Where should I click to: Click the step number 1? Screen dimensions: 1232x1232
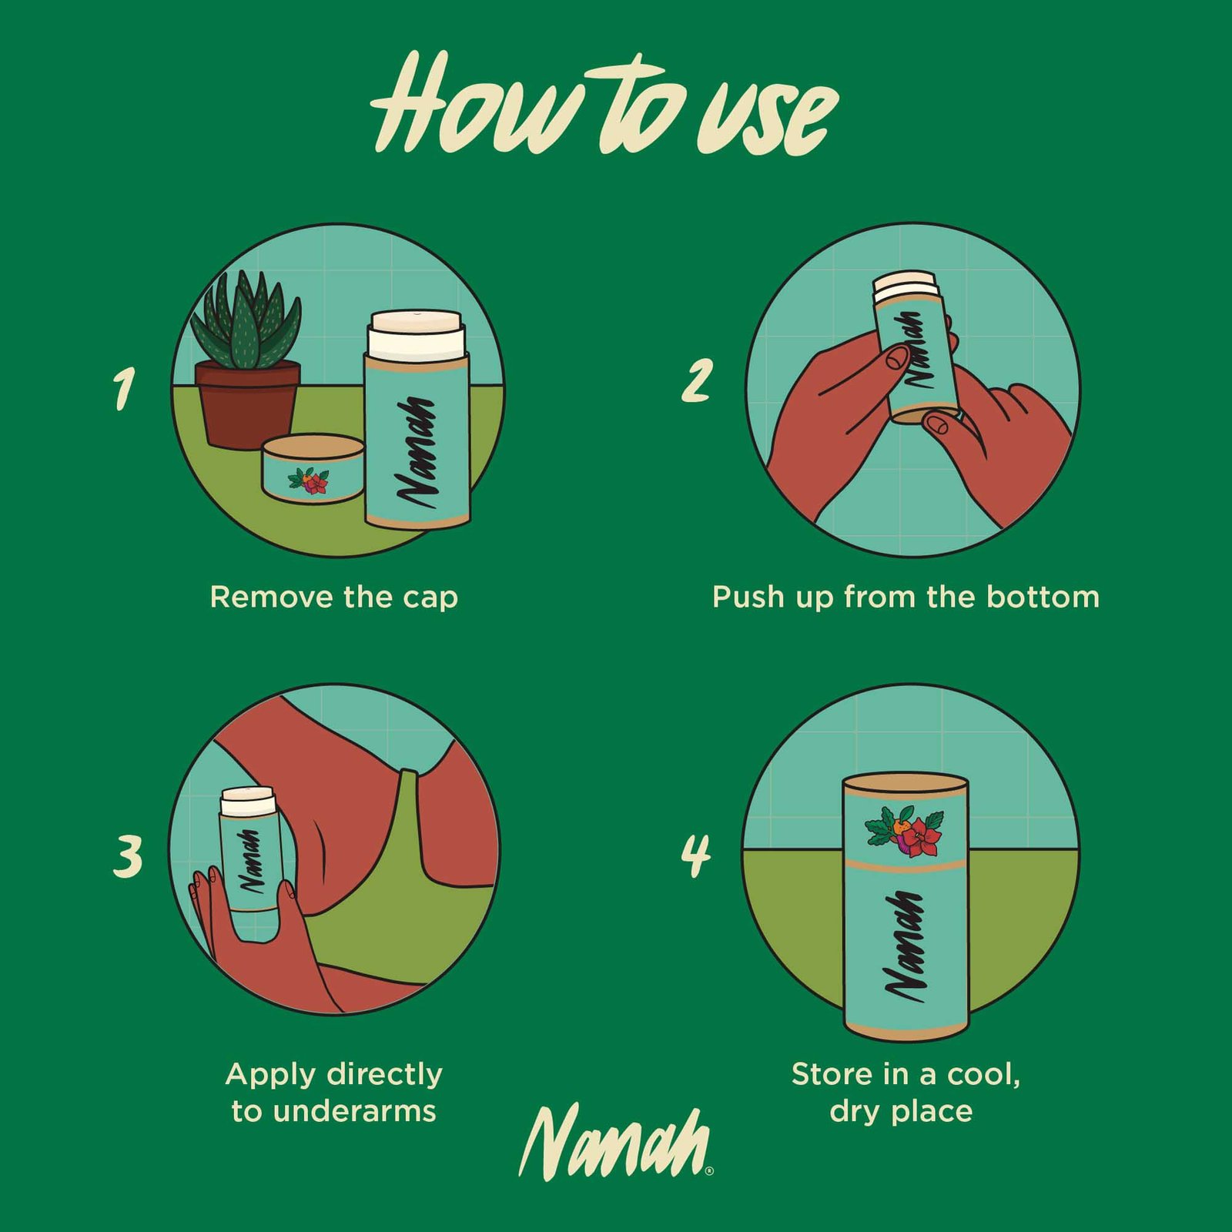pos(124,388)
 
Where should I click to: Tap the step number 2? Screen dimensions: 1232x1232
pos(697,380)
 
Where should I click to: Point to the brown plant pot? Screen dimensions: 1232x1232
pos(247,403)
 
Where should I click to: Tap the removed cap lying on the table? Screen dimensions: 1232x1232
pos(313,468)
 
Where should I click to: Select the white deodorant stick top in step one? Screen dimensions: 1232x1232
pos(417,334)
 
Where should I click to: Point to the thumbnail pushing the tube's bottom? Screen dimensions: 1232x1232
pos(937,421)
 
